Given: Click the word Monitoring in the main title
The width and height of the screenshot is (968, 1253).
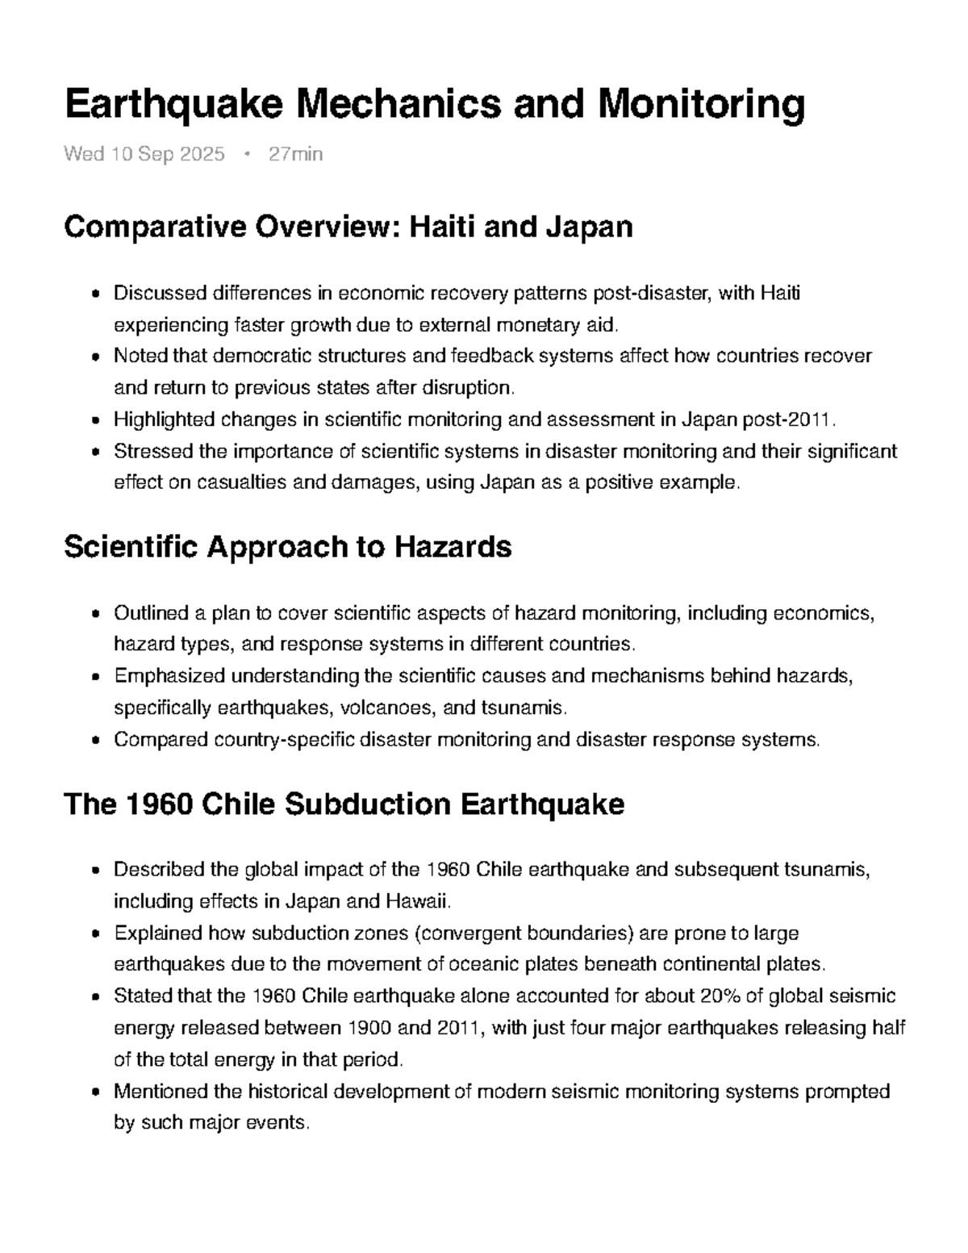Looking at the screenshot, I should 701,105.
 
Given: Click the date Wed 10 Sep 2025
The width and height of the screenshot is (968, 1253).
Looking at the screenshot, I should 144,154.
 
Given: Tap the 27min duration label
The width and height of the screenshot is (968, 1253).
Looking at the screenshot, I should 295,154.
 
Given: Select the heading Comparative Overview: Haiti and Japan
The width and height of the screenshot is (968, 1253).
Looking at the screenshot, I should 348,228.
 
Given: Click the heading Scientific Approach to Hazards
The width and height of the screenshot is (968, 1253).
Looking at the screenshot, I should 287,547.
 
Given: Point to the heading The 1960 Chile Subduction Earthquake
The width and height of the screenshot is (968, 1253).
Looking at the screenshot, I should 344,804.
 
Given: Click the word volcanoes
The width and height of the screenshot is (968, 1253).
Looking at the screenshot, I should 386,708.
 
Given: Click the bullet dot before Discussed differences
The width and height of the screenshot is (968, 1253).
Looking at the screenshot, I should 96,294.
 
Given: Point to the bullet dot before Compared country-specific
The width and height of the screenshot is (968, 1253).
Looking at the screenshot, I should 96,741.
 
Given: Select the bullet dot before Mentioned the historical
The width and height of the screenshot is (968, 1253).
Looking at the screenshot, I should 96,1093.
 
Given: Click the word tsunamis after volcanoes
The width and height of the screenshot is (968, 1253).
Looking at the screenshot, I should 523,708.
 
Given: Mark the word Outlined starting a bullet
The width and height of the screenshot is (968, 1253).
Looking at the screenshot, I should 150,613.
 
